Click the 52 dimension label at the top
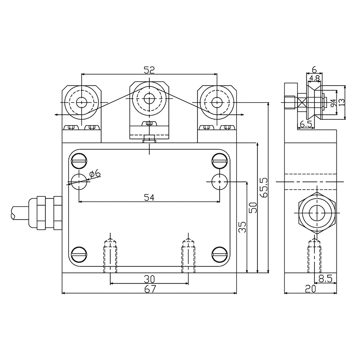[149, 69]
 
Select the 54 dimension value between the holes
[149, 197]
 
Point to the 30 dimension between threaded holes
[149, 278]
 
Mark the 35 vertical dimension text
[242, 227]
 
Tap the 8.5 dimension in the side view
[325, 279]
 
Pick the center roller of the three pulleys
[149, 97]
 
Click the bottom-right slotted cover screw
[219, 253]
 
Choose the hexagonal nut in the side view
[317, 214]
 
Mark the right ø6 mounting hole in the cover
[219, 180]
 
